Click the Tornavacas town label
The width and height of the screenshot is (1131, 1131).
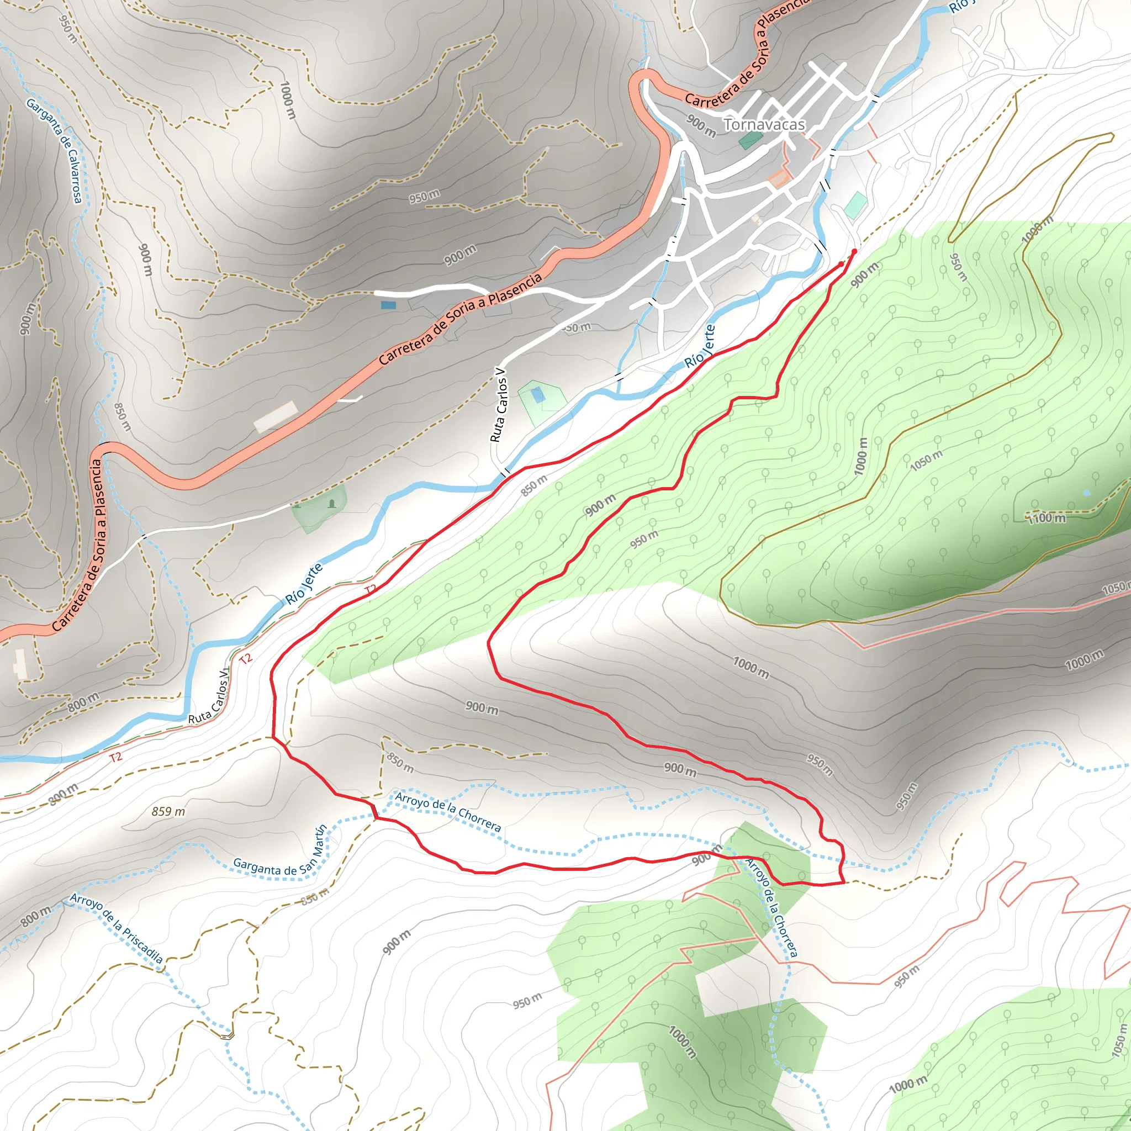point(764,124)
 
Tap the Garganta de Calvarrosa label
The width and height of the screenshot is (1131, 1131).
point(55,150)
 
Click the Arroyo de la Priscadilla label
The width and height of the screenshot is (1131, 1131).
point(116,928)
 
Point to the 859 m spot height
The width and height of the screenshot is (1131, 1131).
point(168,811)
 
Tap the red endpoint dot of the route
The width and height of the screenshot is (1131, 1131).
point(854,251)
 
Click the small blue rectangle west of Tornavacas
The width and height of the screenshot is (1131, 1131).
point(388,305)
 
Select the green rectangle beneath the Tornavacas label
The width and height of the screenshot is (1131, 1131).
point(751,140)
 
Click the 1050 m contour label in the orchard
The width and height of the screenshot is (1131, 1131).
point(926,461)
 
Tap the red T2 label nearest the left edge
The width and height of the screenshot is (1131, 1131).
point(116,757)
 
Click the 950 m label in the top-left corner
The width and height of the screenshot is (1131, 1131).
point(68,29)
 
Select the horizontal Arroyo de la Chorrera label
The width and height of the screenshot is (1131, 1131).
point(448,811)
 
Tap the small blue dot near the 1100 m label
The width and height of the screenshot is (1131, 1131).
point(1086,493)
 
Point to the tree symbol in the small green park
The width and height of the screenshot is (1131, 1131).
point(332,504)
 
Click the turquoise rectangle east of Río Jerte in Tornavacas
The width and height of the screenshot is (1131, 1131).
point(855,205)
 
